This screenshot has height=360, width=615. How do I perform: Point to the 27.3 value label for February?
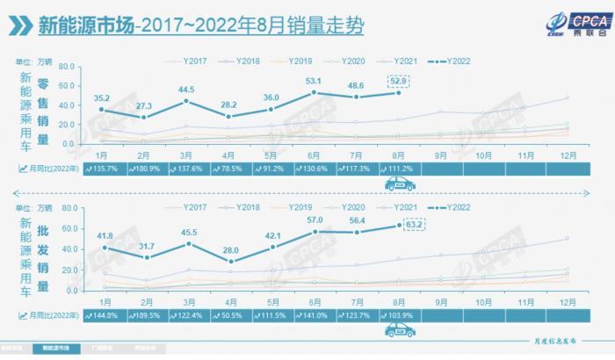point(145,105)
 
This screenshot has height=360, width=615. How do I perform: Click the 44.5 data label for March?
point(185,90)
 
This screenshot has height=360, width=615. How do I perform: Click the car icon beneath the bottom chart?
point(399,330)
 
